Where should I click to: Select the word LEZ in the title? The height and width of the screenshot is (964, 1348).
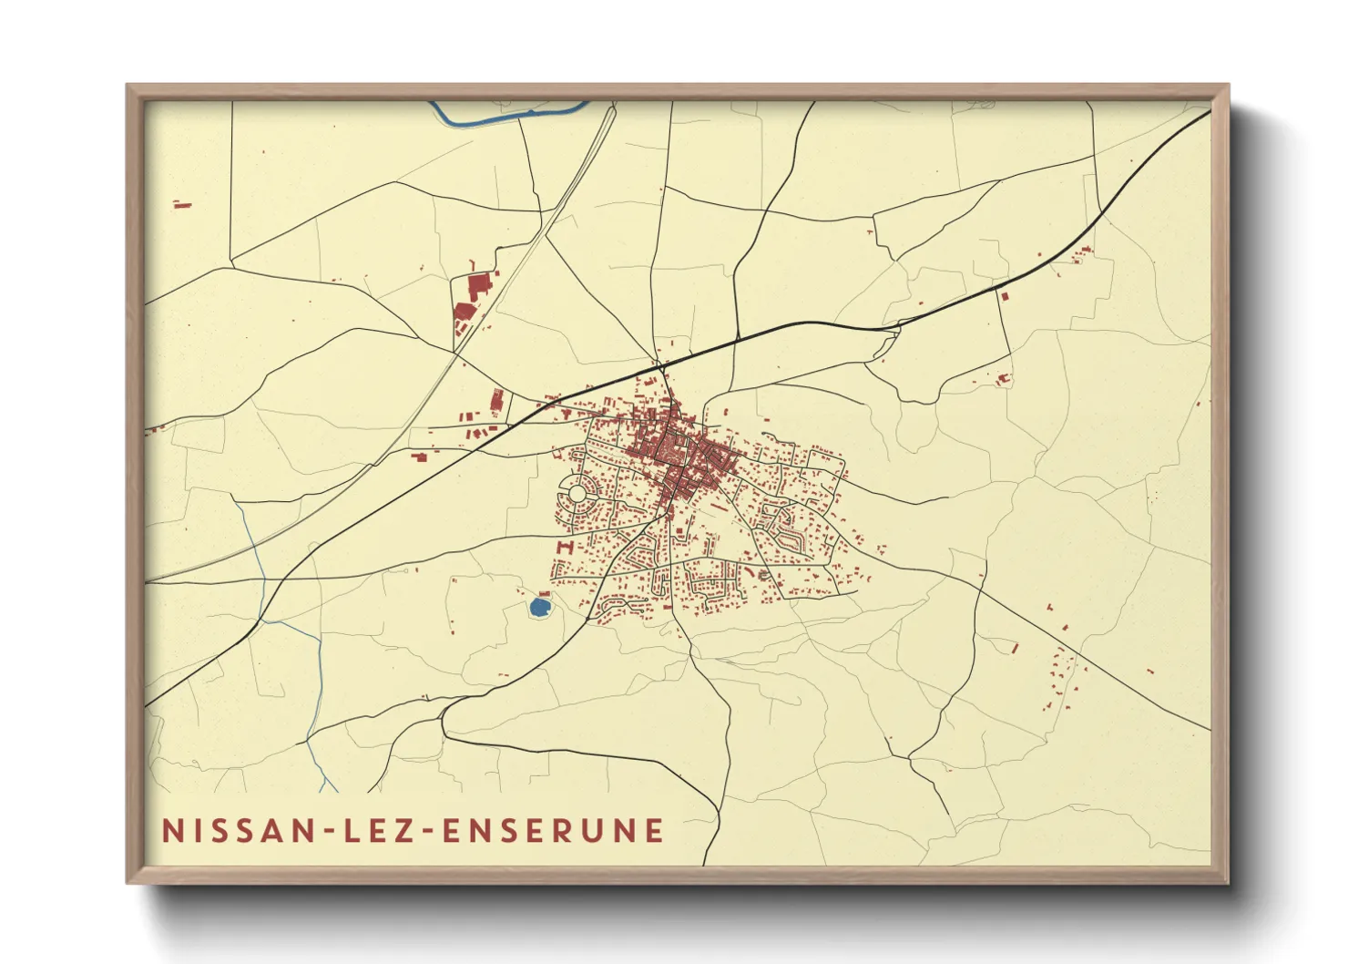pos(375,831)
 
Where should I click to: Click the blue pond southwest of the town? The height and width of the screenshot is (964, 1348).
pos(540,606)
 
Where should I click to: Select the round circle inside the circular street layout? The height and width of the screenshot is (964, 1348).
pos(577,494)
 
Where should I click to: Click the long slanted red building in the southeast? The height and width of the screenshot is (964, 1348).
pos(1015,647)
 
